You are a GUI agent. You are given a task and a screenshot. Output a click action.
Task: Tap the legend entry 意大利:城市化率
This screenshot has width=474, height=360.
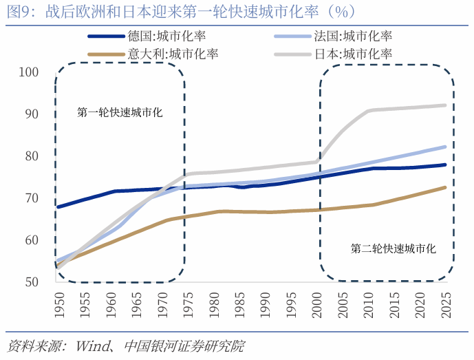click(174, 53)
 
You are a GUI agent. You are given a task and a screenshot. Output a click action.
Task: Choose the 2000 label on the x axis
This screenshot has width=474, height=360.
click(316, 303)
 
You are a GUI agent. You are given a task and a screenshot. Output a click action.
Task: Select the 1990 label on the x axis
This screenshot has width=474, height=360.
click(264, 303)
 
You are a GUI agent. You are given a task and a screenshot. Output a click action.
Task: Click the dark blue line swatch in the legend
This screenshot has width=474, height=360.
click(106, 36)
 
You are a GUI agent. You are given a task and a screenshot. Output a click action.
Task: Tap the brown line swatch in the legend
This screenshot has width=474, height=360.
click(106, 53)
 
